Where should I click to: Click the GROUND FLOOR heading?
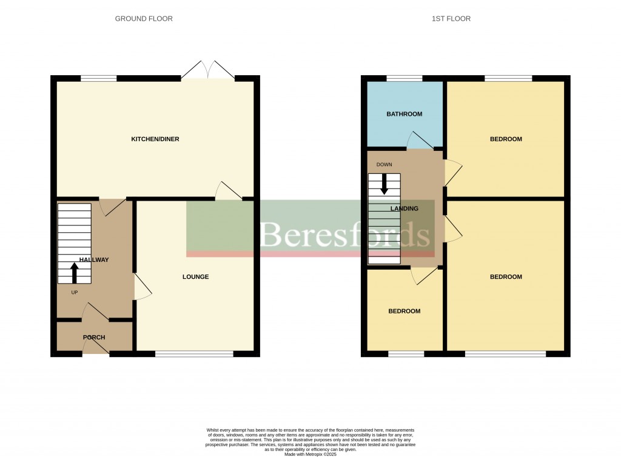click(144, 19)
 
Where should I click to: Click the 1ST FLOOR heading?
click(451, 19)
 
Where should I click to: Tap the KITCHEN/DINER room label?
click(155, 139)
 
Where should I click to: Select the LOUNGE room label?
click(195, 277)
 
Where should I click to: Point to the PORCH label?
click(94, 338)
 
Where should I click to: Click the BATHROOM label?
click(404, 114)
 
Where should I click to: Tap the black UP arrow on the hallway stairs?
click(75, 272)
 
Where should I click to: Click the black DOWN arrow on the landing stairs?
click(384, 184)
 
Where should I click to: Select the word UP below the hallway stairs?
click(75, 293)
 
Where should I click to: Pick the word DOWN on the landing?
click(384, 164)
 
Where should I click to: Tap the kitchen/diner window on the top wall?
click(99, 78)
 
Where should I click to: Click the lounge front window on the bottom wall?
click(194, 354)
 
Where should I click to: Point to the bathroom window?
click(404, 78)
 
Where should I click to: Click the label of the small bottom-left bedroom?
click(404, 312)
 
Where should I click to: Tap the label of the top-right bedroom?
click(506, 139)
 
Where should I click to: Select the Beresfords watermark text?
click(345, 234)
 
